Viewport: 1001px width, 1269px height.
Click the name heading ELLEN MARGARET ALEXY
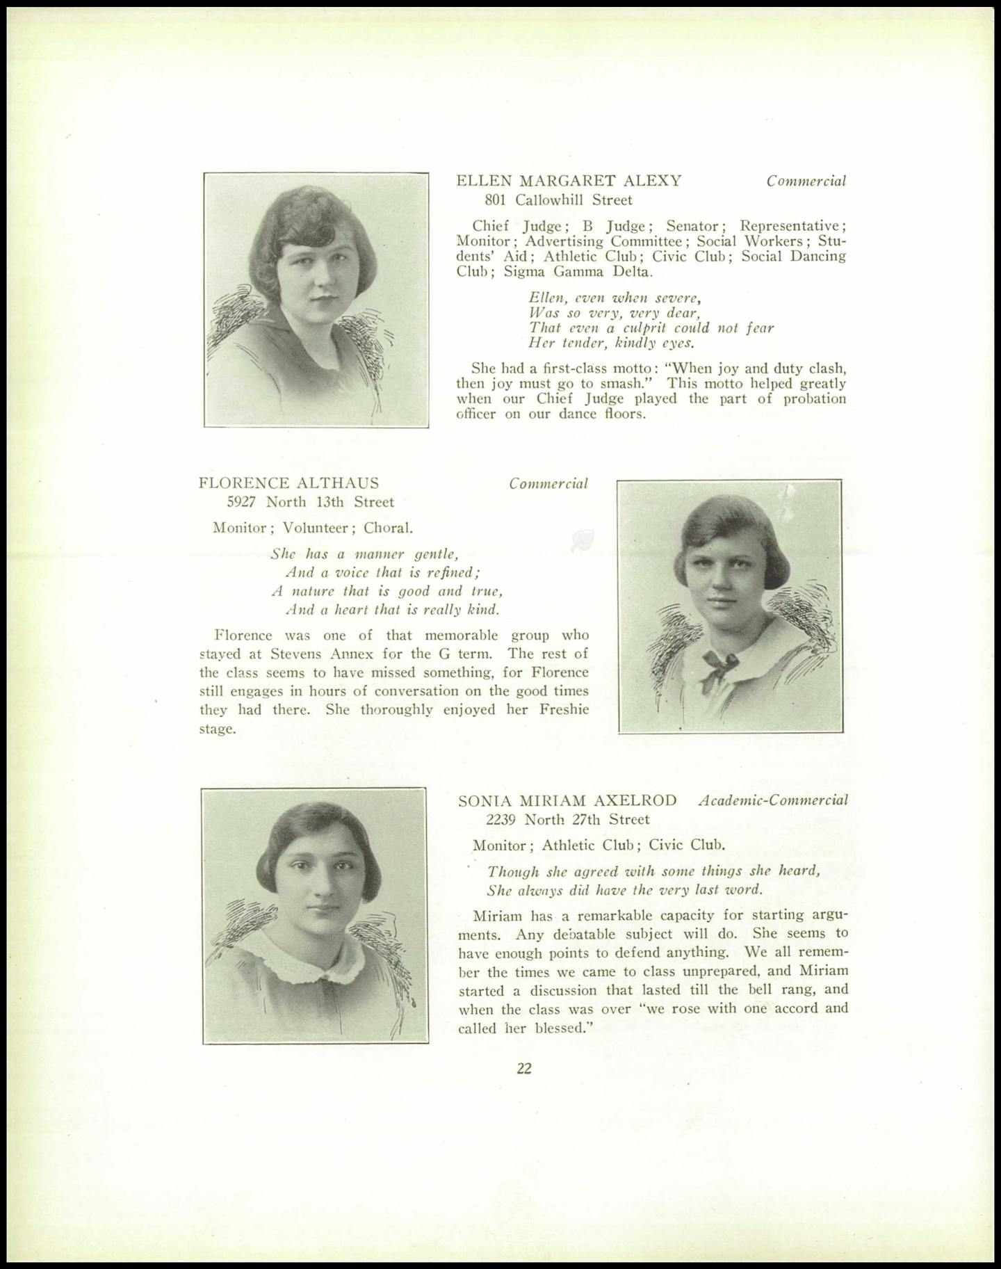click(569, 181)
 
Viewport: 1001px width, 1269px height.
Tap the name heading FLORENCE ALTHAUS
click(288, 483)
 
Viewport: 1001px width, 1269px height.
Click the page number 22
click(524, 1069)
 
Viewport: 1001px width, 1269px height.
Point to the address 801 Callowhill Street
click(558, 201)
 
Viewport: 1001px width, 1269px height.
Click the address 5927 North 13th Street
click(310, 502)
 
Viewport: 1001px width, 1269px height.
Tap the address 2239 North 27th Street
click(568, 820)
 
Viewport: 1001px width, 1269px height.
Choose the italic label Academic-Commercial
click(773, 800)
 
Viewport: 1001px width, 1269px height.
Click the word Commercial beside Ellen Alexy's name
click(806, 181)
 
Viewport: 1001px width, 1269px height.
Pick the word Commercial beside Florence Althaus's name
click(548, 484)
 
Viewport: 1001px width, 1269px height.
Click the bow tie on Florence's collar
click(719, 663)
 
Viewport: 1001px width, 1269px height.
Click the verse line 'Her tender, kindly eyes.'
click(612, 343)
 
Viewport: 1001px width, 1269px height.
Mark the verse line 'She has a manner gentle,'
click(364, 554)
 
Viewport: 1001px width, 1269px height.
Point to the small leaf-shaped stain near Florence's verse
click(583, 540)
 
